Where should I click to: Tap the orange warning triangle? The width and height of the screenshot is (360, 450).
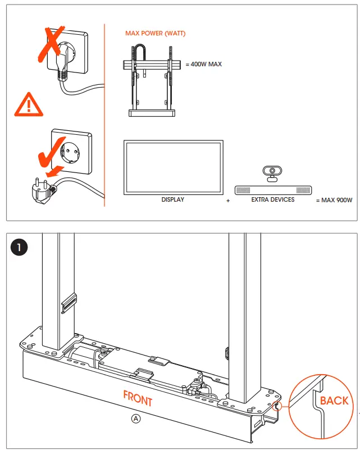coord(28,105)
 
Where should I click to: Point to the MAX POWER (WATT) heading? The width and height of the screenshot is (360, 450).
coord(155,34)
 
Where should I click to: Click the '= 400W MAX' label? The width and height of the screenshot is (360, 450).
coord(203,64)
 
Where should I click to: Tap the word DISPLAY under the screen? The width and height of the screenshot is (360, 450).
coord(173,199)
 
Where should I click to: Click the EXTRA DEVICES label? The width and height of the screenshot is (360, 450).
coord(273,199)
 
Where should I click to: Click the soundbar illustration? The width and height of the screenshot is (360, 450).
coord(272,190)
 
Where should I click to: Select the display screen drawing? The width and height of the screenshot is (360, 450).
coord(174,167)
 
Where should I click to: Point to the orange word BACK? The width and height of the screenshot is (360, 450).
coord(334,401)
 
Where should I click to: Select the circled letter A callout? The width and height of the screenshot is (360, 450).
coord(135,419)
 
